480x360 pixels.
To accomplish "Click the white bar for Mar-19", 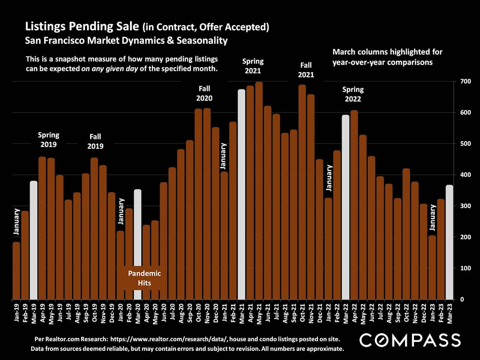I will point(34,240).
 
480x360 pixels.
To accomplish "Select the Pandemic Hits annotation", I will point(144,278).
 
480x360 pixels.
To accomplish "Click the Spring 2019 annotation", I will point(48,139).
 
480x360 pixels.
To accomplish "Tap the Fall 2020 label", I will point(204,93).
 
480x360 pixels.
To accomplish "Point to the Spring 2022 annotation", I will point(353,94).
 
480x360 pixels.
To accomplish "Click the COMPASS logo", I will point(410,340).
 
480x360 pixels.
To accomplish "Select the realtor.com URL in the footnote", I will point(169,339).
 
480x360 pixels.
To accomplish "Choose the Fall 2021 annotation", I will point(306,70).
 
